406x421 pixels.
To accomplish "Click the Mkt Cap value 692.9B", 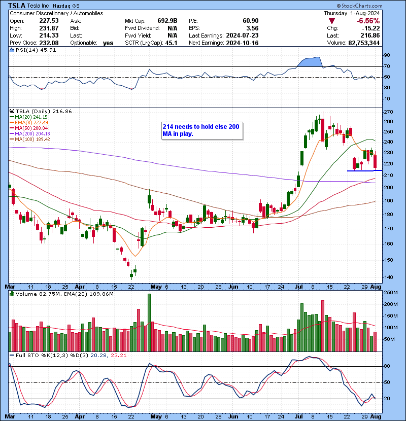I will [166, 21].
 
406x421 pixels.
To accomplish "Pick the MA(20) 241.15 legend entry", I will [27, 117].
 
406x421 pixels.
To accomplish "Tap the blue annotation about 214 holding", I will [202, 130].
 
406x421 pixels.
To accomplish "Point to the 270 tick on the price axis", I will [388, 112].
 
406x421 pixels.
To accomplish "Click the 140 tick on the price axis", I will [388, 277].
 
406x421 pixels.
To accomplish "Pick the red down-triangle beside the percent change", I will [331, 21].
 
